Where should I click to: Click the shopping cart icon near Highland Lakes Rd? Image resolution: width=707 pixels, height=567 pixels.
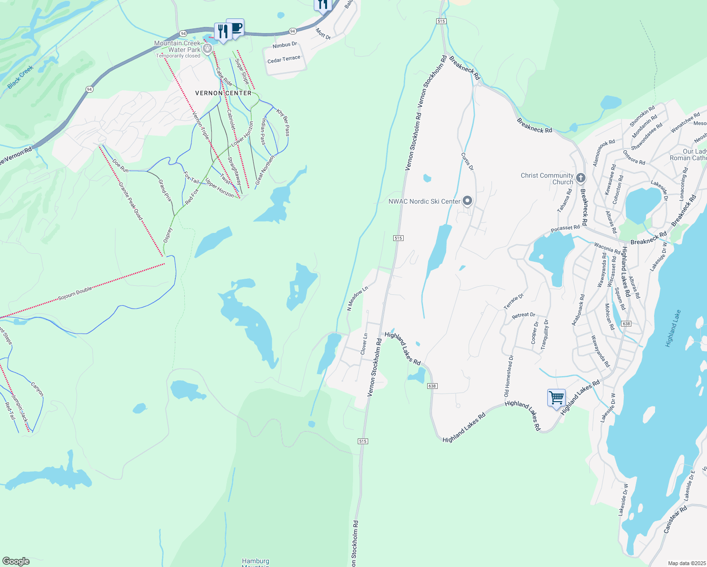point(557,397)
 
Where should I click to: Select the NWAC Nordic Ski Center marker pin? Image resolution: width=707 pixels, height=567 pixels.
point(467,201)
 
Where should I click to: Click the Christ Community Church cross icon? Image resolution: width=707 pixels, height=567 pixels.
point(581,178)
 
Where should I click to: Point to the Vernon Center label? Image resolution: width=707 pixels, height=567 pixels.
point(224,93)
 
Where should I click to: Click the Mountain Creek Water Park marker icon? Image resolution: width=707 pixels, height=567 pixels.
point(207,49)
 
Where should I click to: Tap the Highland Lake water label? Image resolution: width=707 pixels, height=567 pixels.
point(673,329)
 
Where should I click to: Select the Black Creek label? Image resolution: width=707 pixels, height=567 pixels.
point(21,77)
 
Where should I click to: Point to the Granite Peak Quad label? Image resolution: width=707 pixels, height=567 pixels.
point(130,201)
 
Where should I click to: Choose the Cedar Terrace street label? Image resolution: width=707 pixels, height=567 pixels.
point(284,60)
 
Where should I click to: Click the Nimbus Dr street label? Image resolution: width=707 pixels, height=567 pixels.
point(285,45)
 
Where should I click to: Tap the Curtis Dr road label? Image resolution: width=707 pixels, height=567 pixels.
point(467,161)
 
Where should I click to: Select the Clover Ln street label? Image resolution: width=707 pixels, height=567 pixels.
point(364,344)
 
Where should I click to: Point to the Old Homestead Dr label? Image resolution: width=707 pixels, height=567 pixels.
point(508,376)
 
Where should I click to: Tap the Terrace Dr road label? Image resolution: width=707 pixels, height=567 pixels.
point(514,301)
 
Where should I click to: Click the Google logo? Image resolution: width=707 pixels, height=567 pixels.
point(16,561)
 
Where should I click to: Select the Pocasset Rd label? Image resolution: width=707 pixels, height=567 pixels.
point(565,229)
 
